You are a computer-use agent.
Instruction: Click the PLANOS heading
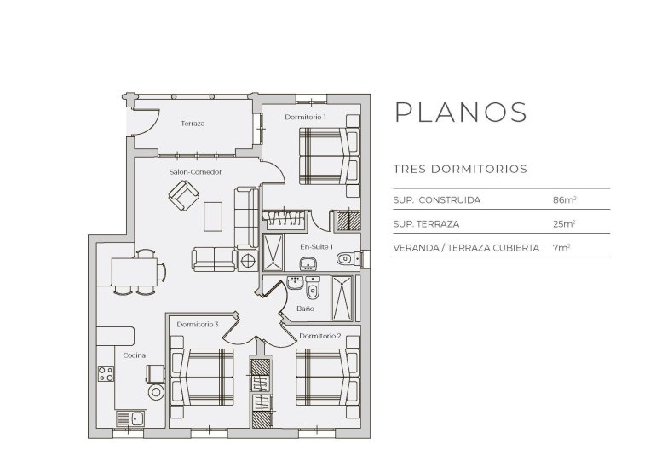461,113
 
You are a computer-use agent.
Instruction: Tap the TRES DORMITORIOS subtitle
460,170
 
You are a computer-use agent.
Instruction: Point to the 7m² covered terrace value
561,248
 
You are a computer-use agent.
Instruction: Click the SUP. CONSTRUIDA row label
437,200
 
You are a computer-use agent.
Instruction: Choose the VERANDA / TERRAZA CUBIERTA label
466,248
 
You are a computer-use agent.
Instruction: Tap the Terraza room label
193,124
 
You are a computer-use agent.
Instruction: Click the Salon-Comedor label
196,171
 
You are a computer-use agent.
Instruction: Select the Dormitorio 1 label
306,116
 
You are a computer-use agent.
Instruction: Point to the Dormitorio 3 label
199,325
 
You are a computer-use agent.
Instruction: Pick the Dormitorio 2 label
321,336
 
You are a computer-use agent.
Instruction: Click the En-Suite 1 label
316,247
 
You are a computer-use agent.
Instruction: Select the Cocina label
134,355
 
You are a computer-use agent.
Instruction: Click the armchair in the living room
182,199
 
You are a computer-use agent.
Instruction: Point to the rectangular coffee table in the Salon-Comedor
213,216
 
